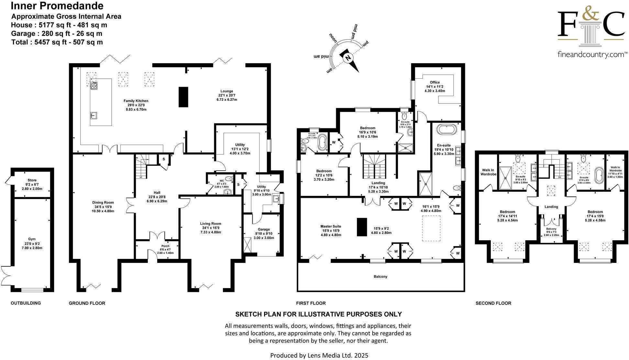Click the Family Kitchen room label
coord(136,101)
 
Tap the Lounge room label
coord(227,91)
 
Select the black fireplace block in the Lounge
coord(183,97)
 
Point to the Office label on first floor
coord(435,82)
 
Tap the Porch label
coord(165,246)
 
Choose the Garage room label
coord(264,229)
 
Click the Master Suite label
coord(331,226)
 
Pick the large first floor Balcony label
coord(381,276)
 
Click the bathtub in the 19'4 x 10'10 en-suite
coord(447,130)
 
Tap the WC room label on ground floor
coord(222,181)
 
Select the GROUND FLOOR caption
coord(87,303)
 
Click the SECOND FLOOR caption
coord(493,303)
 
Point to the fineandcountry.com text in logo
coord(591,55)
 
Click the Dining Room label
coord(103,202)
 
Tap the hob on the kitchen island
coord(94,85)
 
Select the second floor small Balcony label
coord(551,229)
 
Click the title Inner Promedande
coord(57,6)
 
